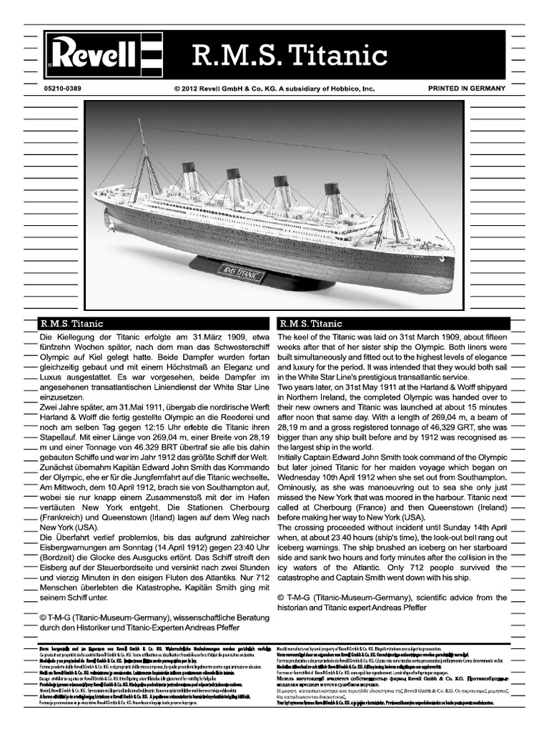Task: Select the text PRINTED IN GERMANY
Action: [x=466, y=88]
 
